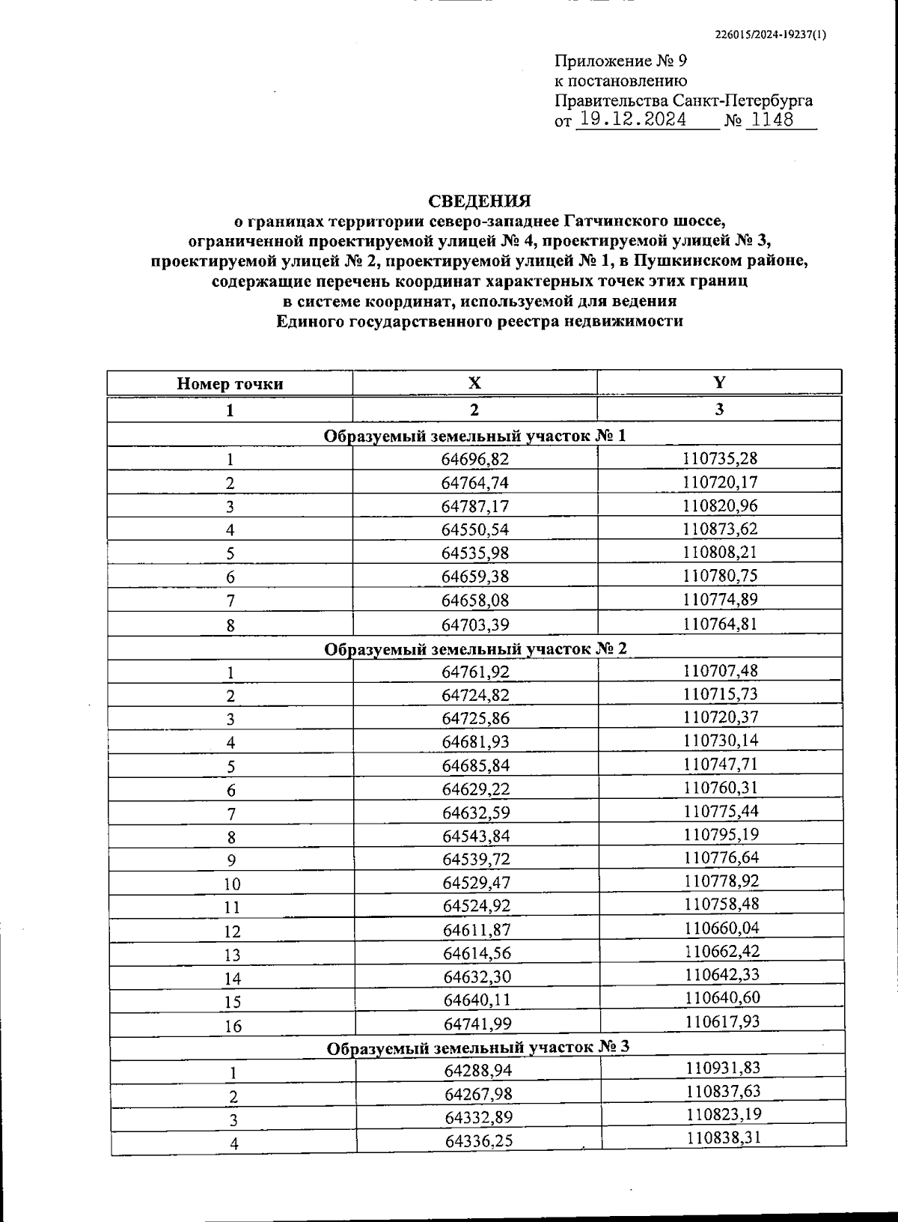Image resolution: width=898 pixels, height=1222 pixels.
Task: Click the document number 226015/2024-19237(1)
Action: tap(771, 34)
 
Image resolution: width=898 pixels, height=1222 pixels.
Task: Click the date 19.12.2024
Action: tap(633, 120)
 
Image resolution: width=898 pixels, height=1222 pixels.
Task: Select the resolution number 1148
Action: tap(771, 120)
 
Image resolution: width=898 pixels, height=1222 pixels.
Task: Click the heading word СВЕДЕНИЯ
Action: tap(479, 201)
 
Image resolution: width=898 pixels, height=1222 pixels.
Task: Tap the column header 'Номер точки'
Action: tap(230, 384)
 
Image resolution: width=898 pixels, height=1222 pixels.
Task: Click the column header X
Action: tap(474, 383)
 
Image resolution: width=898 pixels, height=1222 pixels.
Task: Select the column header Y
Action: tap(719, 382)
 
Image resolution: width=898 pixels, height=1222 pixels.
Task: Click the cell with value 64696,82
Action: tap(474, 459)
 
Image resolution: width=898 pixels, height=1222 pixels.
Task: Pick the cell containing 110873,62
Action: tap(720, 529)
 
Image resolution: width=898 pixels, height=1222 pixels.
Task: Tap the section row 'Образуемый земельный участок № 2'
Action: tap(475, 648)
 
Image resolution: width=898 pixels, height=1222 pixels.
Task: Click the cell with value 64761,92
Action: tap(475, 672)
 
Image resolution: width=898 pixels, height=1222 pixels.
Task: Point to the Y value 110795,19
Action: tap(721, 834)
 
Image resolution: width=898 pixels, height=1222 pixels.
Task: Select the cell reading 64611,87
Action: tap(477, 930)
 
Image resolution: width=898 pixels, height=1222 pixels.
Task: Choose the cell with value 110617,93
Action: tap(722, 1021)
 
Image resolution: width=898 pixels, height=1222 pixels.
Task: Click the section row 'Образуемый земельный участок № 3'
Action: tap(477, 1047)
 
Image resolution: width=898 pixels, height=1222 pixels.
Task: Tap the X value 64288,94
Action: tap(478, 1071)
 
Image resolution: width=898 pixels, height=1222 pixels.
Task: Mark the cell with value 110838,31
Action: tap(724, 1138)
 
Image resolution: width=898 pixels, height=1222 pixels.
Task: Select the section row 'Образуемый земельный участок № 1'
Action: tap(474, 436)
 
